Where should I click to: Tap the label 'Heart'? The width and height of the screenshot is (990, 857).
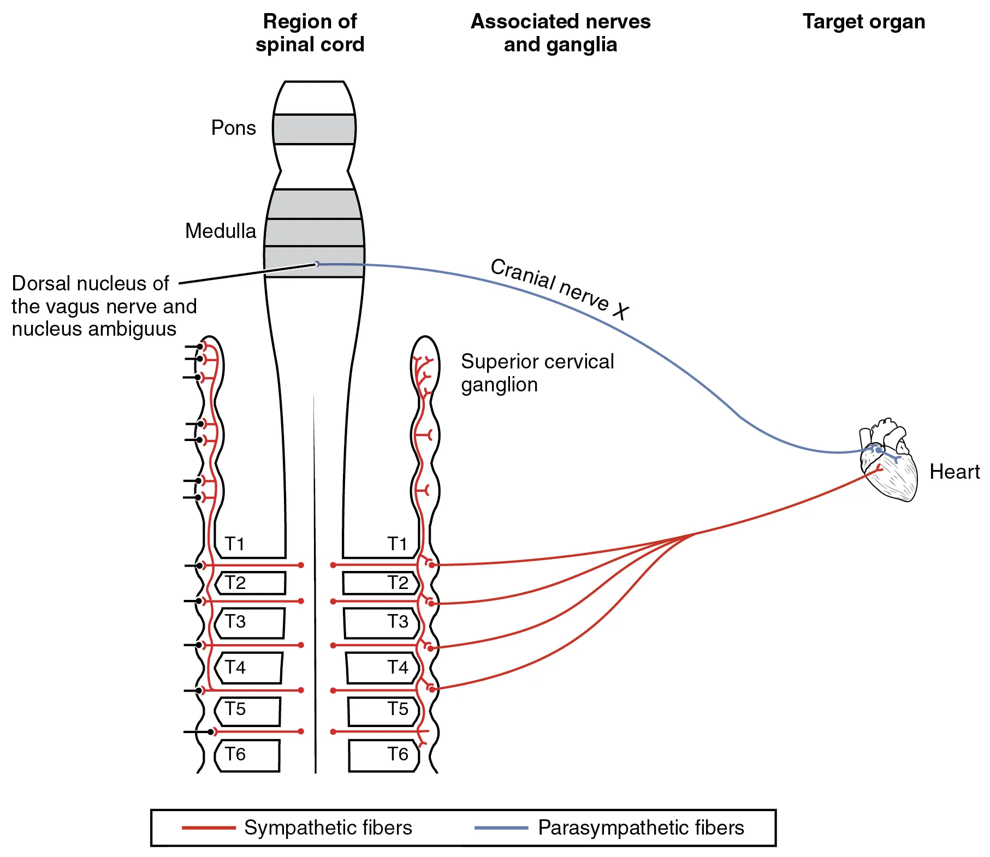pyautogui.click(x=954, y=472)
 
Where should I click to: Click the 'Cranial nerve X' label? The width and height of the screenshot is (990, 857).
pyautogui.click(x=560, y=288)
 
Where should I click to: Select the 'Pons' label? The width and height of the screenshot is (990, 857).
pyautogui.click(x=233, y=128)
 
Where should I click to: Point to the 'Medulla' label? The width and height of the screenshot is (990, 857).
pyautogui.click(x=220, y=231)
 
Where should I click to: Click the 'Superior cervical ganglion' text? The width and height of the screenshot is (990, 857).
pyautogui.click(x=537, y=373)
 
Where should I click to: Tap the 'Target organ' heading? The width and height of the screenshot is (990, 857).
pyautogui.click(x=863, y=22)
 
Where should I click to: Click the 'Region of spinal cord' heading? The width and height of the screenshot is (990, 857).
pyautogui.click(x=310, y=33)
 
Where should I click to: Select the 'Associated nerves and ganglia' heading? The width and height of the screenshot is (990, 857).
pyautogui.click(x=560, y=33)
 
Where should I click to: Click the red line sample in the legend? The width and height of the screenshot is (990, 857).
pyautogui.click(x=208, y=828)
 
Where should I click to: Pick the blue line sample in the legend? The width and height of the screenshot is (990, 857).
pyautogui.click(x=501, y=828)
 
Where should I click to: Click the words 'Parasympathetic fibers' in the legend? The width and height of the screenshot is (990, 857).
pyautogui.click(x=641, y=828)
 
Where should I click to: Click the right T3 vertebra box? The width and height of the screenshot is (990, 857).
pyautogui.click(x=381, y=623)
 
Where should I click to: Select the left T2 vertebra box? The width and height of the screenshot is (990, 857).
pyautogui.click(x=251, y=583)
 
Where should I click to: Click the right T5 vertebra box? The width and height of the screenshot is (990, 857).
pyautogui.click(x=383, y=711)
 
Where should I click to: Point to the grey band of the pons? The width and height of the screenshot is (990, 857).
pyautogui.click(x=314, y=129)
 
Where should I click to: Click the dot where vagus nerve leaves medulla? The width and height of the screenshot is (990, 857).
pyautogui.click(x=317, y=264)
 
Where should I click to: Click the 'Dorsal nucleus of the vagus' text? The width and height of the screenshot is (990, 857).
pyautogui.click(x=104, y=306)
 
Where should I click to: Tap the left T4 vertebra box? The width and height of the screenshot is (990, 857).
pyautogui.click(x=249, y=668)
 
